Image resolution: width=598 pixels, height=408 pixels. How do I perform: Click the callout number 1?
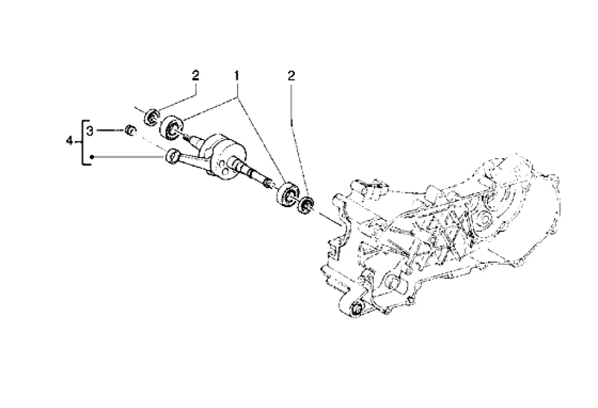coord(237,76)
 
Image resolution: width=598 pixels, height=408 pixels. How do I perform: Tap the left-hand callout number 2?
coord(196,75)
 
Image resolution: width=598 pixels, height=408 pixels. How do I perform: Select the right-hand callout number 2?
coord(291,75)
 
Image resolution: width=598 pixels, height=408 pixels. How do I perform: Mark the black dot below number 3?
coord(92,157)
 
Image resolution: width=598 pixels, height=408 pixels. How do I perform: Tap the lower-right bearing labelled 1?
coord(287,194)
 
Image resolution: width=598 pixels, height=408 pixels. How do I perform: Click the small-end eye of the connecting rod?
coord(172,155)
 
